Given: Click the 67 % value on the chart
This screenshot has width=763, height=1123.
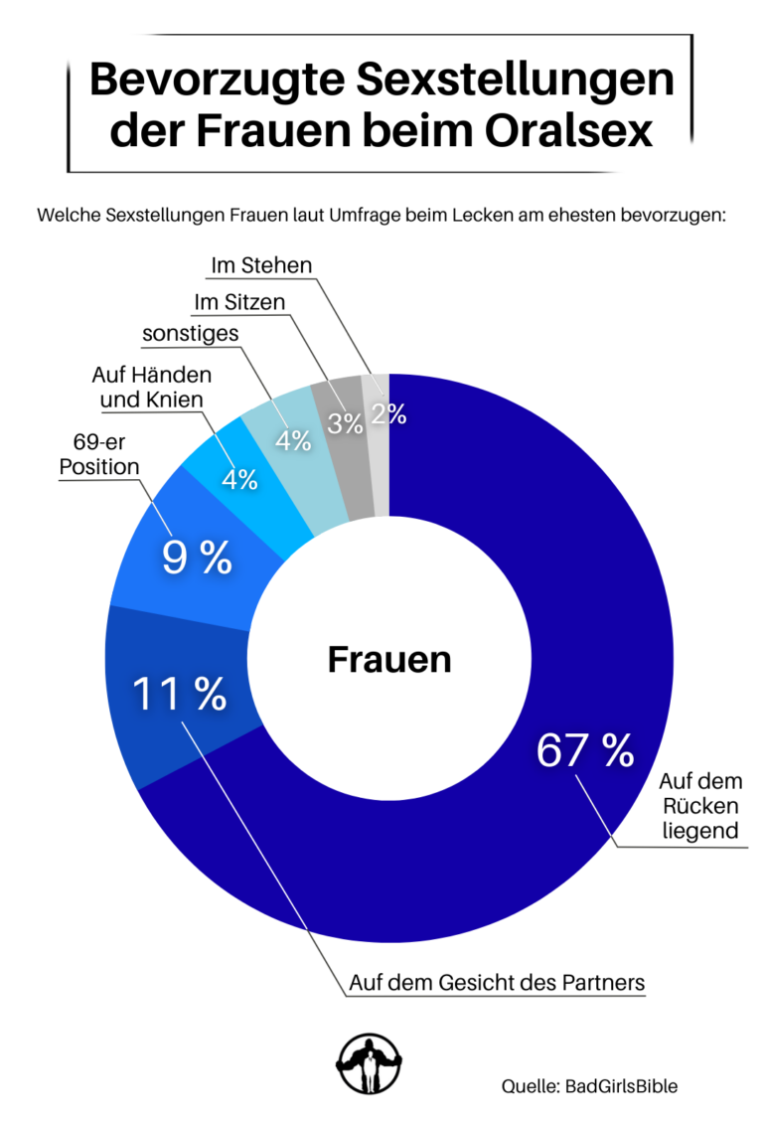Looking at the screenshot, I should click(585, 751).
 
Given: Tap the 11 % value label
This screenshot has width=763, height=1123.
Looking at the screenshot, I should click(179, 695).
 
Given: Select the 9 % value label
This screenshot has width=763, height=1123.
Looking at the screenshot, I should click(197, 559).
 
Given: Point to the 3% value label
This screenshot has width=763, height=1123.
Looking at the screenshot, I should click(346, 424).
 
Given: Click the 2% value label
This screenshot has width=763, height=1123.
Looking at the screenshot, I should click(388, 414).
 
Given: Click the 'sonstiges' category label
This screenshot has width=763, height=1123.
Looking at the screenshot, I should click(190, 334).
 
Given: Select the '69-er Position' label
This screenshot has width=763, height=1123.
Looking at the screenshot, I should click(98, 453).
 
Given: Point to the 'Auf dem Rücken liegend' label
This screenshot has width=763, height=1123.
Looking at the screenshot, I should click(701, 805).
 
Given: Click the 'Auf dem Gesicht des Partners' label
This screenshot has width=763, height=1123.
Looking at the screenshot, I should click(497, 983).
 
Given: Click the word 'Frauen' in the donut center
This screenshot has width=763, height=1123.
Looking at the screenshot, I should click(388, 660).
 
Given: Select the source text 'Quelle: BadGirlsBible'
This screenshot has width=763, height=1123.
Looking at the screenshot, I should click(589, 1086).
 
